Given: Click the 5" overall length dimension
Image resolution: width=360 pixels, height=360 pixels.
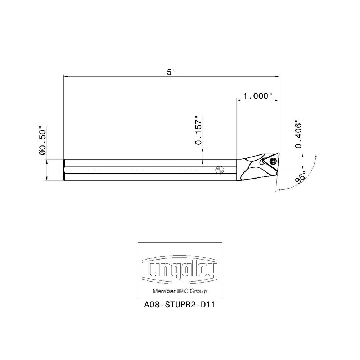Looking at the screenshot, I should point(171,72).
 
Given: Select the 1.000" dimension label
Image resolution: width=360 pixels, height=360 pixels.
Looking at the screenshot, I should point(257,96).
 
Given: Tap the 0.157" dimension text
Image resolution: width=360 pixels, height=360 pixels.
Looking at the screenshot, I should point(198,130).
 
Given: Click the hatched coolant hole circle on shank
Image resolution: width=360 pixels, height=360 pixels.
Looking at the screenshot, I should point(219,170).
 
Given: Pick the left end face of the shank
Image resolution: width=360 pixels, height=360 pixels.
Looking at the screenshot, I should point(64,170).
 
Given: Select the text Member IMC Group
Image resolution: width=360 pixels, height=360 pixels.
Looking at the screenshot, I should point(180,291).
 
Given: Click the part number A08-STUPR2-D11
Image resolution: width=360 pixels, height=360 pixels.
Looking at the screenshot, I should point(180,304).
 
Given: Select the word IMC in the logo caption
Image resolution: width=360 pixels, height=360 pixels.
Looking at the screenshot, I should point(181,291).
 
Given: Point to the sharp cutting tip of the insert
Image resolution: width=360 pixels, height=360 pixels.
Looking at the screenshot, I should point(279,153).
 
